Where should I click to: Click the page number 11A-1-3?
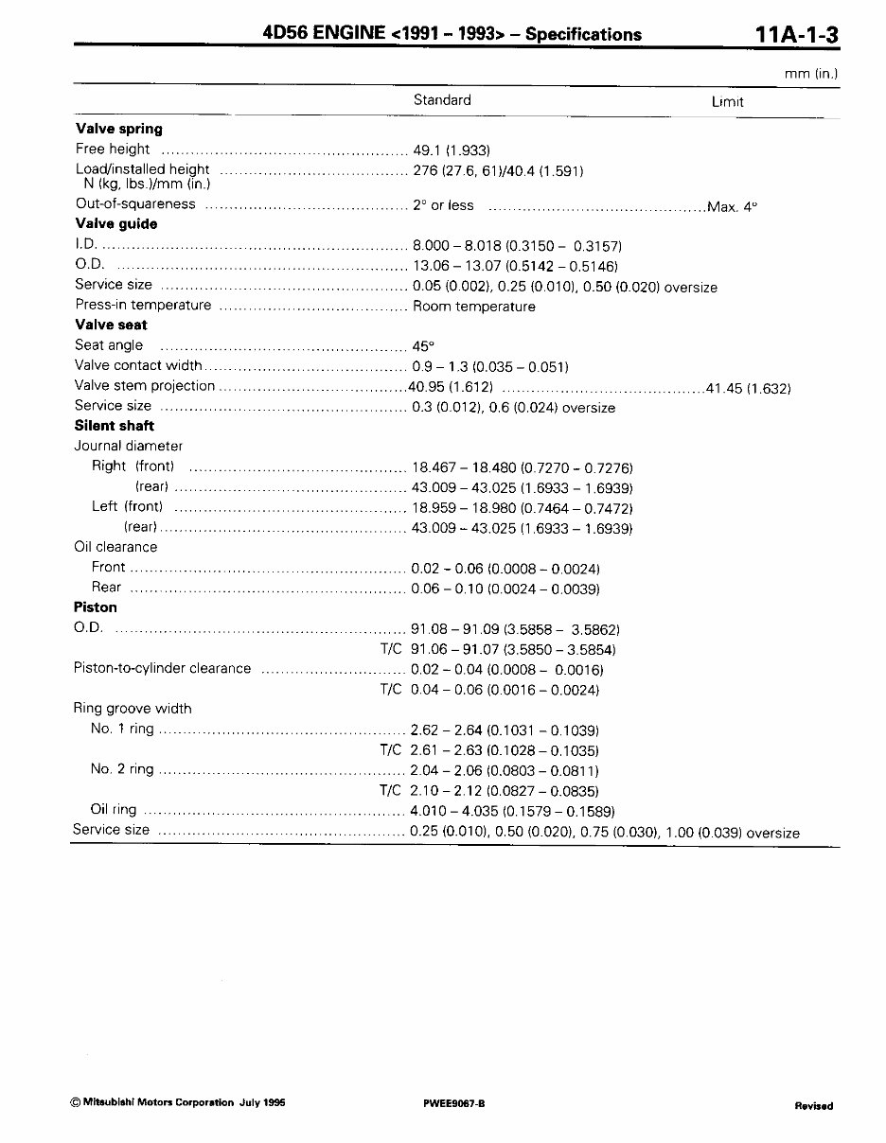797,34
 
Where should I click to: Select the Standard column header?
442,100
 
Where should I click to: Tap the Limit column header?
727,102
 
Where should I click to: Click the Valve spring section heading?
118,129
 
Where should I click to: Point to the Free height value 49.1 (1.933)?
451,149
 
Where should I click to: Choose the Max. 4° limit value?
733,205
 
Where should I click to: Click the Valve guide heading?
115,224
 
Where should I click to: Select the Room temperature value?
473,307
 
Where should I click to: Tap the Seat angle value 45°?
423,346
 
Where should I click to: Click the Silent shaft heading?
114,426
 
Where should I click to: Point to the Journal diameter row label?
128,446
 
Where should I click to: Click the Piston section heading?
96,607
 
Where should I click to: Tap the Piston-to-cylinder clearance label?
162,669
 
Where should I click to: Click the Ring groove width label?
133,709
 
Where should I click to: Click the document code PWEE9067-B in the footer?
455,1104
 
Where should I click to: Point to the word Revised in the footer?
813,1105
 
